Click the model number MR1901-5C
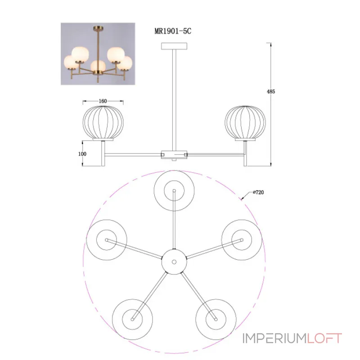[x=173, y=31]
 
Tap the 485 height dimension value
[x=271, y=92]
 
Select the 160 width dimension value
[x=103, y=101]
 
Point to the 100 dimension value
[x=82, y=154]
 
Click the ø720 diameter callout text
[x=258, y=193]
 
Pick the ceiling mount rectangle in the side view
[x=174, y=46]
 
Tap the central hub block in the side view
[x=174, y=154]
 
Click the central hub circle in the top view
[x=174, y=262]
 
